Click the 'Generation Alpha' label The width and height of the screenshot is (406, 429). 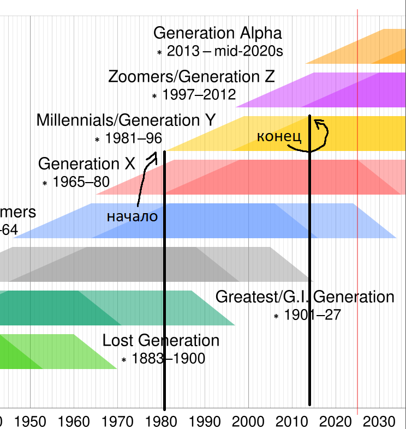pos(217,33)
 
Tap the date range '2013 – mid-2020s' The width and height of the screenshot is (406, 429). pos(225,52)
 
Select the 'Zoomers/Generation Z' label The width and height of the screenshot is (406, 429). pos(192,76)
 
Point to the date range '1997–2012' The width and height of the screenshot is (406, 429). pos(199,95)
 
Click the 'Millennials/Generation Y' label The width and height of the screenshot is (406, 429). pos(126,120)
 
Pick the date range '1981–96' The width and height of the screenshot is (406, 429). pos(133,138)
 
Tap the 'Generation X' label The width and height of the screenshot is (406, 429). pos(86,164)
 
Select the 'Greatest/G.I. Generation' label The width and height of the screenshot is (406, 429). pos(304,297)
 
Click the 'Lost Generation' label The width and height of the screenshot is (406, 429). pos(161,341)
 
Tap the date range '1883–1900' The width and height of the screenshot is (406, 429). pos(168,359)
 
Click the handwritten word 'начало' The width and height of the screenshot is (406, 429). pos(132,216)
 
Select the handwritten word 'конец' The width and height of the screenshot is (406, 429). pos(279,136)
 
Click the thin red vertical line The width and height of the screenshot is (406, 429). pos(357,218)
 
